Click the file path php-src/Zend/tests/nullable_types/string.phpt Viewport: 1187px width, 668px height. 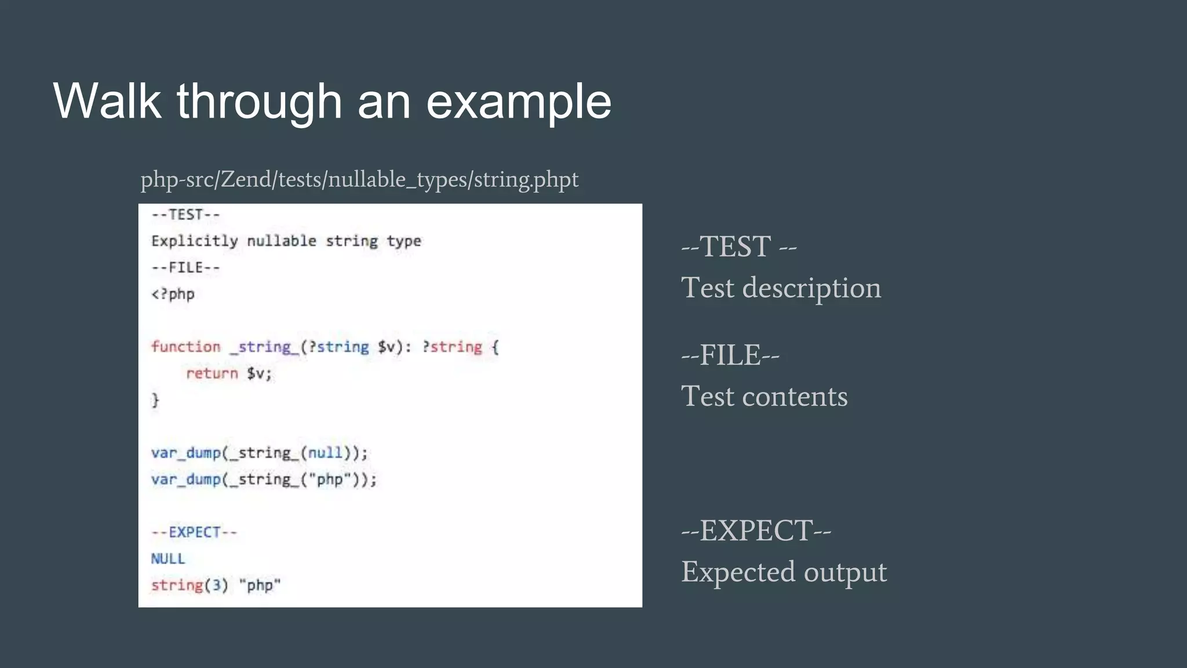359,180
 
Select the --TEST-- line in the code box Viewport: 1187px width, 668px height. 185,215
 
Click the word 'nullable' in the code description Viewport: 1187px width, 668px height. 282,241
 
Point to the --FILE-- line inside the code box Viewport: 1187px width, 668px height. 185,268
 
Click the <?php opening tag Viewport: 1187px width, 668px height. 173,295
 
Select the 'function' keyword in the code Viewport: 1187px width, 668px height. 186,347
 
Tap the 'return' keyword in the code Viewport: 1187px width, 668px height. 212,373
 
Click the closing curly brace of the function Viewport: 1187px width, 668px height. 155,400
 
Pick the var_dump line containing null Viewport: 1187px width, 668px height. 259,453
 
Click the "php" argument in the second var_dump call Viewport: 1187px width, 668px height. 330,480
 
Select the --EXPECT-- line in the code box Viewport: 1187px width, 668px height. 194,532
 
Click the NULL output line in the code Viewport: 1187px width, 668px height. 168,559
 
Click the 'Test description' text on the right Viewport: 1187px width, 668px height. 781,288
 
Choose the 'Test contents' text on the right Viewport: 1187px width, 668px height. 764,397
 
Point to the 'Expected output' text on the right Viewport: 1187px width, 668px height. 784,572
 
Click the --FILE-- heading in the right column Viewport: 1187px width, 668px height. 730,355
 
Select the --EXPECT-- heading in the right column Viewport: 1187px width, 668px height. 756,531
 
